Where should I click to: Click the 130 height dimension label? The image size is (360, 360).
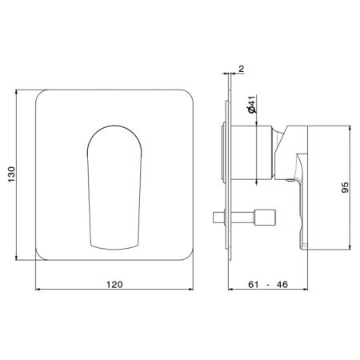[12, 174]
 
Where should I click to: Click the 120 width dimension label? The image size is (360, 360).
[114, 285]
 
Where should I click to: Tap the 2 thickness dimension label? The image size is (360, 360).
[241, 69]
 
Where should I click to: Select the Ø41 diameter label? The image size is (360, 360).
[252, 105]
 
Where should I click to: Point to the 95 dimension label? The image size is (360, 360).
[345, 187]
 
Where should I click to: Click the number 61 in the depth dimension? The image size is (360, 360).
[254, 285]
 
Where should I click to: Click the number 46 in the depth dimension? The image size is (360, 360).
[282, 285]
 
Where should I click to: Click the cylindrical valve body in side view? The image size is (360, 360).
[252, 152]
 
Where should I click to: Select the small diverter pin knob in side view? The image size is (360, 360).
[264, 218]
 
